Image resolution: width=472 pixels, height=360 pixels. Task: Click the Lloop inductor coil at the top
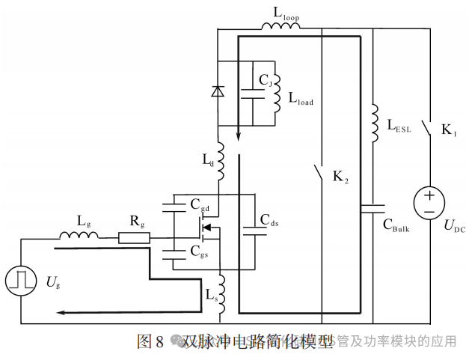click(x=281, y=28)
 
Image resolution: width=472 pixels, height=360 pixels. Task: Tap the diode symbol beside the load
click(x=218, y=91)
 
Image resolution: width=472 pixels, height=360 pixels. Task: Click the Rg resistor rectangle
click(x=134, y=239)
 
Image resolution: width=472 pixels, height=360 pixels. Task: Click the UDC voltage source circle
click(x=429, y=204)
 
